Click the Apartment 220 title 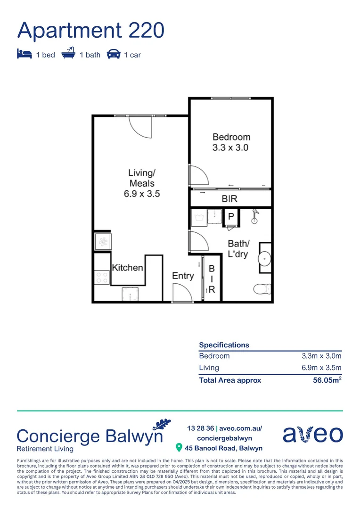pyautogui.click(x=91, y=30)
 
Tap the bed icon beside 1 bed pyautogui.click(x=24, y=54)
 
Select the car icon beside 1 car pyautogui.click(x=114, y=54)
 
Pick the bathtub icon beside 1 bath pyautogui.click(x=69, y=54)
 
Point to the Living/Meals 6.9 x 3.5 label pyautogui.click(x=142, y=183)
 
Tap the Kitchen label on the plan pyautogui.click(x=127, y=268)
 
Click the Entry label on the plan pyautogui.click(x=183, y=276)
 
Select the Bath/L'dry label pyautogui.click(x=238, y=249)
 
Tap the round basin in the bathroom pyautogui.click(x=265, y=258)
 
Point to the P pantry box pyautogui.click(x=231, y=217)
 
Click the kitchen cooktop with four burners pyautogui.click(x=101, y=276)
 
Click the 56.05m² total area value pyautogui.click(x=327, y=380)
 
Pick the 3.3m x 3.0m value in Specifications pyautogui.click(x=321, y=356)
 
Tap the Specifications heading pyautogui.click(x=224, y=345)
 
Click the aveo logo pyautogui.click(x=312, y=434)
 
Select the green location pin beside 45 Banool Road pyautogui.click(x=179, y=447)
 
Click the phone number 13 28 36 pyautogui.click(x=200, y=428)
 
